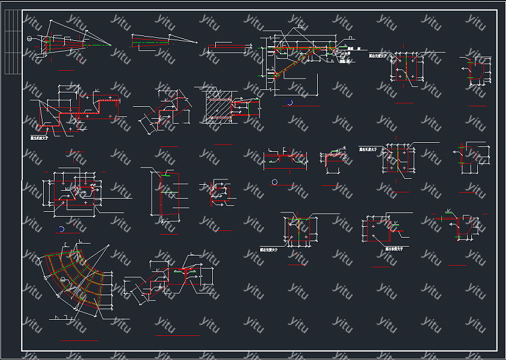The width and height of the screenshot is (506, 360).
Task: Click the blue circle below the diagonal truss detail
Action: [x=290, y=103]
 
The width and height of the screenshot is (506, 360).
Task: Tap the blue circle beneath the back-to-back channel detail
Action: [x=274, y=181]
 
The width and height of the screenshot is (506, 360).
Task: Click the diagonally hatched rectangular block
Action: [x=217, y=109]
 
